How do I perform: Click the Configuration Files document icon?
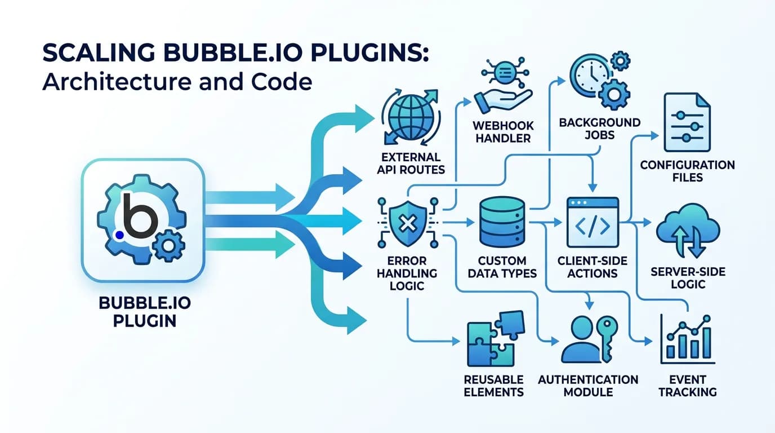tap(687, 122)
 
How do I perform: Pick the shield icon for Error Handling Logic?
tap(406, 224)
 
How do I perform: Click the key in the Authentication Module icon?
tap(608, 338)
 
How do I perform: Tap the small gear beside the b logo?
tap(168, 246)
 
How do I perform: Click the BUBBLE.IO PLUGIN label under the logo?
tap(144, 311)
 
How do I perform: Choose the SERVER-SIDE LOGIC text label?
tap(688, 278)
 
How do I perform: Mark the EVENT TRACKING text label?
tap(688, 385)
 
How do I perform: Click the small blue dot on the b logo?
tap(118, 233)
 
